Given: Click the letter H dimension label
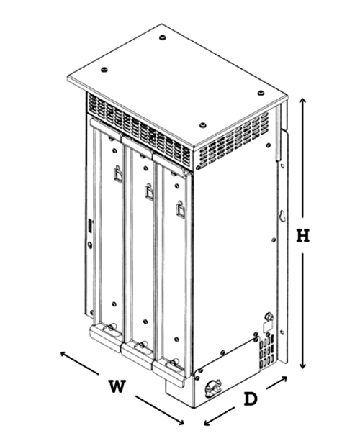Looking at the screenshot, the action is tap(302, 235).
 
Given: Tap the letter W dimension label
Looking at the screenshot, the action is tap(117, 386).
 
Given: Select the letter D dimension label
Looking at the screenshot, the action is tap(251, 399).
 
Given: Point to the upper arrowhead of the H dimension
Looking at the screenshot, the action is tap(302, 101).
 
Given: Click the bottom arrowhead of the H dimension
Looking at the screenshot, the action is tap(302, 365).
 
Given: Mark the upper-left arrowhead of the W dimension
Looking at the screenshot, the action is tap(64, 355).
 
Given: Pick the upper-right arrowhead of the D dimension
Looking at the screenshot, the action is tap(283, 378).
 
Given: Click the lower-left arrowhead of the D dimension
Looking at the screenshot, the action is tap(208, 422).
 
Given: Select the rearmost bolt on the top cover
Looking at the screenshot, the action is tap(162, 37).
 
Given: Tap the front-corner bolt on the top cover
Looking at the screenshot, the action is tap(202, 125).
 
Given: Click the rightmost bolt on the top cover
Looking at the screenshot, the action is tap(261, 93).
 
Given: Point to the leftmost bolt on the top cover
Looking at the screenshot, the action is tap(104, 69).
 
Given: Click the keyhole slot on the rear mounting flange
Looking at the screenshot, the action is tap(283, 216).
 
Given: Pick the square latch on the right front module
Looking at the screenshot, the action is tap(180, 209).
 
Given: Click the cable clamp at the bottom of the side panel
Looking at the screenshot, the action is tap(213, 388).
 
